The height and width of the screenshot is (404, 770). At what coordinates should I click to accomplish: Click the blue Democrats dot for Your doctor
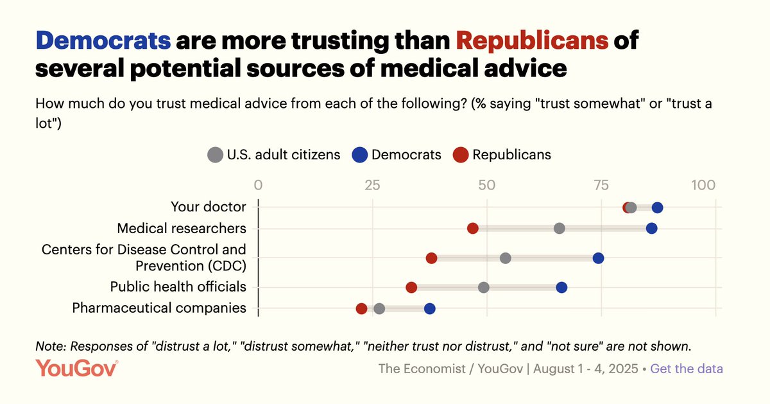tap(657, 207)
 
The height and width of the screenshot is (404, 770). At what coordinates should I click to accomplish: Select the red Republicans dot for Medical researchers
tap(473, 229)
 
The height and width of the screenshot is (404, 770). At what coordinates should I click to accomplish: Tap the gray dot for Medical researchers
tap(560, 229)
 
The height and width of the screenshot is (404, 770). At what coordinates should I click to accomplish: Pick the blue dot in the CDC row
tap(598, 258)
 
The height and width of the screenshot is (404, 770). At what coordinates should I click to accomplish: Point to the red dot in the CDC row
tap(431, 258)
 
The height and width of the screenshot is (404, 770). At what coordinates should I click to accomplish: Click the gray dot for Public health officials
tap(484, 287)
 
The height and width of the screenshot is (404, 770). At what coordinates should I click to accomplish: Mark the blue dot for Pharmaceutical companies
tap(430, 309)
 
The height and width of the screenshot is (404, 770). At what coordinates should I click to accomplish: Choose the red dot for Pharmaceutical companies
tap(361, 309)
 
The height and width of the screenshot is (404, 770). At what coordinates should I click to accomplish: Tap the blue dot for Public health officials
tap(561, 287)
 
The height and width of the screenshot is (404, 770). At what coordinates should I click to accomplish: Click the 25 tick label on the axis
tap(372, 186)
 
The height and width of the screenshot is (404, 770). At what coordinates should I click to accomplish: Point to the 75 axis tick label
tap(601, 186)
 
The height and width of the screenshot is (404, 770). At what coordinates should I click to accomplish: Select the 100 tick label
tap(703, 186)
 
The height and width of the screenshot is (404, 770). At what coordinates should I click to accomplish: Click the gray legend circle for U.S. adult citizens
tap(215, 155)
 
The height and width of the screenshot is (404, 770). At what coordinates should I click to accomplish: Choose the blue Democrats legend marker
tap(359, 155)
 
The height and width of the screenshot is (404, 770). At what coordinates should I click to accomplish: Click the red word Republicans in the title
tap(532, 42)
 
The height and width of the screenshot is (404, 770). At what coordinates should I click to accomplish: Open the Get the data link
tap(687, 369)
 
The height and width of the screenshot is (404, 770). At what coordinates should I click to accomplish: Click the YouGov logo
tap(76, 369)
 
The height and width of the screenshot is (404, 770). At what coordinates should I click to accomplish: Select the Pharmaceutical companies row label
tap(159, 308)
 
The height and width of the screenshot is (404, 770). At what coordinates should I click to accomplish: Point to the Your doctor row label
tap(209, 207)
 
